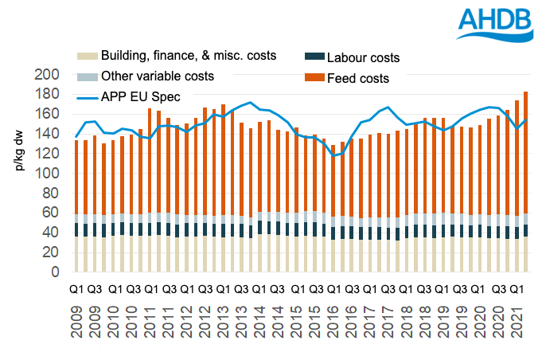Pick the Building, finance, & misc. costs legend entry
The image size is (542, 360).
177,56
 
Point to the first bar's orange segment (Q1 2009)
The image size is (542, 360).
76,175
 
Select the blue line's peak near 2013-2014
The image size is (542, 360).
251,103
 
